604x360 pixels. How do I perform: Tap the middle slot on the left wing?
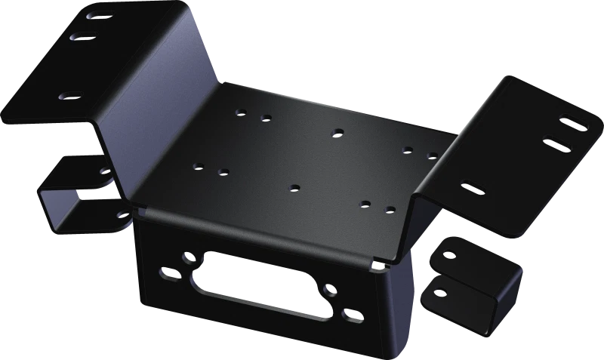click(x=82, y=35)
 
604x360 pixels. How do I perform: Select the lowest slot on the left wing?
click(x=71, y=96)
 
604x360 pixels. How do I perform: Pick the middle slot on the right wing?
click(x=553, y=141)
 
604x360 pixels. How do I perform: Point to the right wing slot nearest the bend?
click(x=473, y=186)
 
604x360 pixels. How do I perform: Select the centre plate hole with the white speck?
click(x=389, y=208)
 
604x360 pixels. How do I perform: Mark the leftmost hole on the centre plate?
click(x=198, y=166)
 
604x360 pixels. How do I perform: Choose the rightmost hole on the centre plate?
click(x=432, y=155)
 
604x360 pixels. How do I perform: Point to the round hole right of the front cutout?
click(x=330, y=291)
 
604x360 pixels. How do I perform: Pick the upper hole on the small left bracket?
click(x=104, y=171)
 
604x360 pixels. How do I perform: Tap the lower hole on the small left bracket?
click(x=121, y=215)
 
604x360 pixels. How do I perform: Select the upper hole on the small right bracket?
click(x=451, y=254)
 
